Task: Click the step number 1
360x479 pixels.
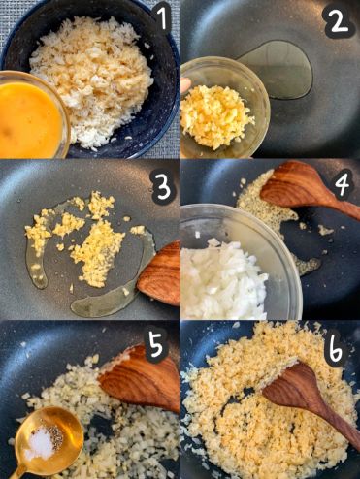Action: pyautogui.click(x=164, y=17)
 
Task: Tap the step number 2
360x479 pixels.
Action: pyautogui.click(x=339, y=21)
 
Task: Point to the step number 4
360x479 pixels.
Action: pyautogui.click(x=342, y=183)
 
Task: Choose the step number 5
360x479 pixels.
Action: pyautogui.click(x=157, y=345)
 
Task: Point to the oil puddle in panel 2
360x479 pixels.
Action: pyautogui.click(x=278, y=69)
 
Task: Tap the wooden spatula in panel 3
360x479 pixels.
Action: pyautogui.click(x=159, y=274)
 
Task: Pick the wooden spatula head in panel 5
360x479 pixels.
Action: pyautogui.click(x=140, y=377)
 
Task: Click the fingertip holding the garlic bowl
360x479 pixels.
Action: pyautogui.click(x=185, y=85)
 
